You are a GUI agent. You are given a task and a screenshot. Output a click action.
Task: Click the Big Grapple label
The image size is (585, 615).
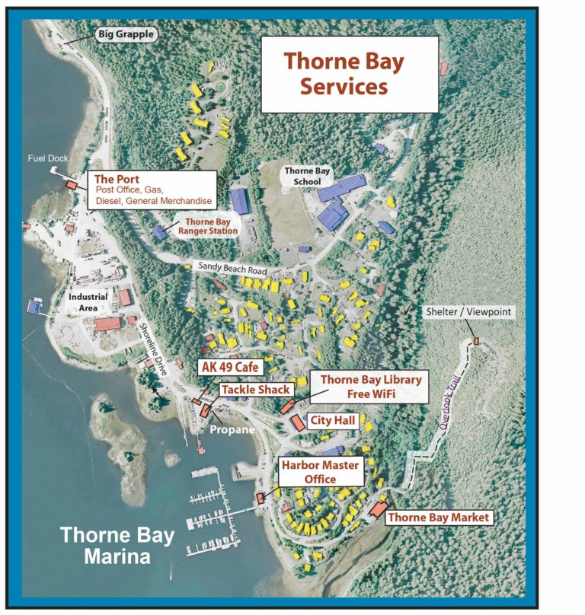coord(126,33)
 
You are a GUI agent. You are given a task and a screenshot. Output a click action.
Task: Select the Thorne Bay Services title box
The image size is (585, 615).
coord(350,74)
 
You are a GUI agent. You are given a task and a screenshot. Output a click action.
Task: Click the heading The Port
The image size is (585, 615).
coord(113,180)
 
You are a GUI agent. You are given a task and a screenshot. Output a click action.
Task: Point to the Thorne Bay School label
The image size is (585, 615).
coord(307,177)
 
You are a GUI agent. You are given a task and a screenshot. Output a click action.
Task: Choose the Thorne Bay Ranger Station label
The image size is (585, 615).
coord(206,226)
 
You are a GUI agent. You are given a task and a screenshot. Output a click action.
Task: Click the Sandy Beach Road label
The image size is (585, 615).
coord(232,267)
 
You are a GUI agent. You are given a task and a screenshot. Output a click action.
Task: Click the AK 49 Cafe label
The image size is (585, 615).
coord(230,368)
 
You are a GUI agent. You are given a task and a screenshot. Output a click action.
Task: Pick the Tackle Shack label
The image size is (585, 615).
coord(257,390)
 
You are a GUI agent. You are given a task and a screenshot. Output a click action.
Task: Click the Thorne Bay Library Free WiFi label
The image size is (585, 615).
coord(369,387)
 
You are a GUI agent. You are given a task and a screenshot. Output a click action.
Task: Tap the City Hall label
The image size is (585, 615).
coord(333,420)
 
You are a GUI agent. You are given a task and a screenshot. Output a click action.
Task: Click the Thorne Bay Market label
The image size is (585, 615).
coord(438,518)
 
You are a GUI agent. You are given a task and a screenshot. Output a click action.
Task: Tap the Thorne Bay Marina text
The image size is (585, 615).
coord(117,545)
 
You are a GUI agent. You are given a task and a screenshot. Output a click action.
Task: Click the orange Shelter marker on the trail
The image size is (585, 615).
coord(477,341)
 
